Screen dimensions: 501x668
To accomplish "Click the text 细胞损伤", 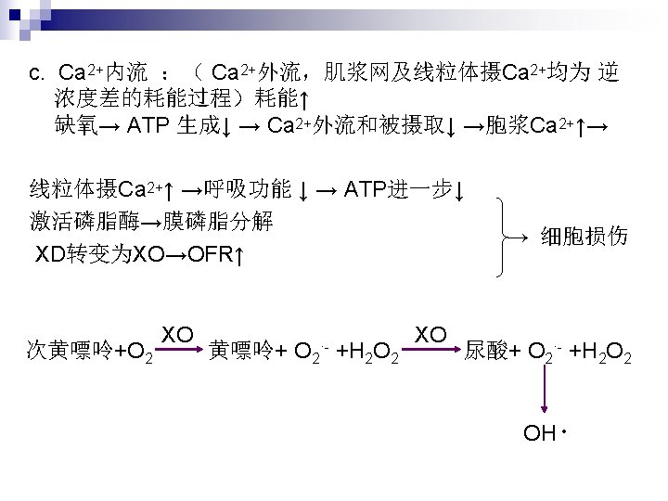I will click(584, 238).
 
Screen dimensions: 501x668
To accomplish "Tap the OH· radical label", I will click(545, 434).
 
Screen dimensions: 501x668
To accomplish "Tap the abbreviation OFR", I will click(210, 253).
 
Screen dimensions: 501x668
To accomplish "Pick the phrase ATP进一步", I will click(399, 191).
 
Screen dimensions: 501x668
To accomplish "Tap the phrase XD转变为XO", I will click(100, 253).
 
